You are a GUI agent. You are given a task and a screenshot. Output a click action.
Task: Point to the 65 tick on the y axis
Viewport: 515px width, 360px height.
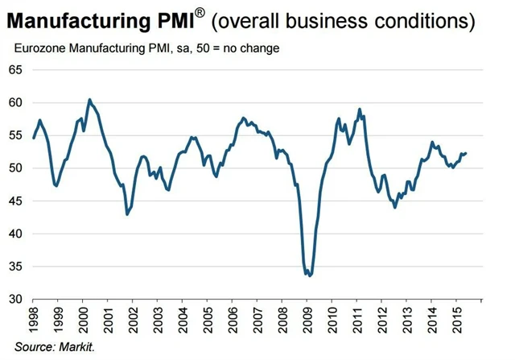pos(16,70)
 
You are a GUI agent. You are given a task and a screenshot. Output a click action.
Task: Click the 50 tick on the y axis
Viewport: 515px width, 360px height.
pos(16,168)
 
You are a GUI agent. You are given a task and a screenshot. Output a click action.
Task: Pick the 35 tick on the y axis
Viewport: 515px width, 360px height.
pos(16,267)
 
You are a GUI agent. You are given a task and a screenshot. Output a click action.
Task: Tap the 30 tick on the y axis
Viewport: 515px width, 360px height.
pos(16,299)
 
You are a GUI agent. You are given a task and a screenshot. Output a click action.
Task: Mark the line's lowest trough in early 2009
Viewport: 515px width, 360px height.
pos(309,275)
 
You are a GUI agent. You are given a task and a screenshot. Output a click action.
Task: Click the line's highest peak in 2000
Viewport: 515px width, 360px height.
pos(89,99)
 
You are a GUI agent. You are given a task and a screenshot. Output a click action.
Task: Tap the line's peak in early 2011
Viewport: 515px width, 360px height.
pos(360,109)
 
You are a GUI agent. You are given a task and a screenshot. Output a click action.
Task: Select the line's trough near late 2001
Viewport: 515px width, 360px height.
pos(127,214)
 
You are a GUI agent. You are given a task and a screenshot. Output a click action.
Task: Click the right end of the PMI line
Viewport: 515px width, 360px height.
pos(467,153)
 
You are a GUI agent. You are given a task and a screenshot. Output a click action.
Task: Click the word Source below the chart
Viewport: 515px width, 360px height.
pos(31,346)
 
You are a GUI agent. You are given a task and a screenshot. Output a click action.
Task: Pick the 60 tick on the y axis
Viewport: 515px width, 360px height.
pos(16,103)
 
